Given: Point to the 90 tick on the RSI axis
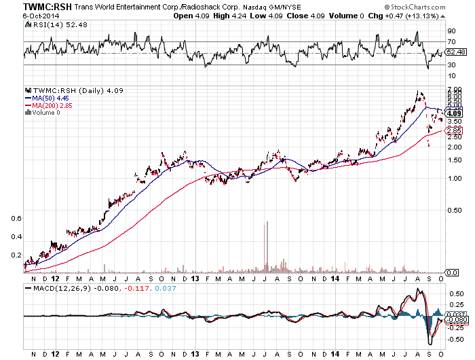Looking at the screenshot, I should [x=450, y=31].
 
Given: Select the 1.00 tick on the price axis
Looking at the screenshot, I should [x=453, y=178].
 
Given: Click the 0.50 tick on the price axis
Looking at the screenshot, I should [x=453, y=211].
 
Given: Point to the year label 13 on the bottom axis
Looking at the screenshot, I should [x=195, y=278].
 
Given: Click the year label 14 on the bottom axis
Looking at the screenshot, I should [x=335, y=278].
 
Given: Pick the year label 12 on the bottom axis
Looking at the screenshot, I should [x=56, y=278].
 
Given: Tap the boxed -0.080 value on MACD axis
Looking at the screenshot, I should [x=455, y=319].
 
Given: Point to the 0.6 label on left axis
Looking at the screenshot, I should [x=17, y=218].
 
